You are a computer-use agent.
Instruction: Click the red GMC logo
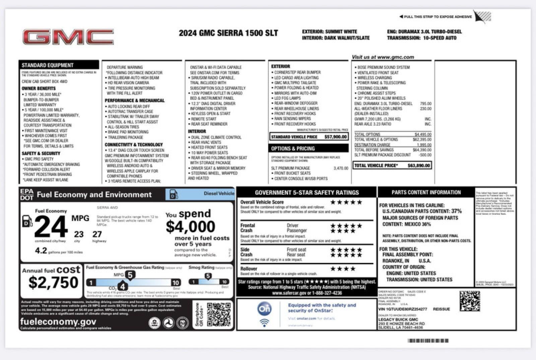click(x=68, y=37)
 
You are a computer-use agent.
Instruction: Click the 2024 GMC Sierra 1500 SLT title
click(x=228, y=33)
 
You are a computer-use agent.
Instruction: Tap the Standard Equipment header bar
click(x=59, y=65)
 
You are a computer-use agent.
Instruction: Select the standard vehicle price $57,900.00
click(x=335, y=137)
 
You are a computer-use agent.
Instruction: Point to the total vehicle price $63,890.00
click(x=418, y=166)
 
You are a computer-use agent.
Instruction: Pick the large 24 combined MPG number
click(x=51, y=227)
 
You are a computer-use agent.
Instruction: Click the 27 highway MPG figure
click(x=97, y=234)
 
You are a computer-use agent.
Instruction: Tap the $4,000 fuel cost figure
click(x=190, y=227)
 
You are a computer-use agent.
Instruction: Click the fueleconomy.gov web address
click(x=58, y=322)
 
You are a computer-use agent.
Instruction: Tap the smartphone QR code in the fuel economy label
click(x=219, y=314)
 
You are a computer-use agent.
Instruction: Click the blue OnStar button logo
click(x=264, y=309)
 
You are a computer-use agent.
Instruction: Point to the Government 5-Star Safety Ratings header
click(x=307, y=193)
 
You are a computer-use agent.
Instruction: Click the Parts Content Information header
click(x=426, y=192)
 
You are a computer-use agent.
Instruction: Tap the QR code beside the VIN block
click(x=469, y=301)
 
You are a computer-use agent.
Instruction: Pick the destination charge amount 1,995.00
click(x=424, y=145)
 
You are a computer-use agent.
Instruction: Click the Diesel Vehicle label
click(x=219, y=193)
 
